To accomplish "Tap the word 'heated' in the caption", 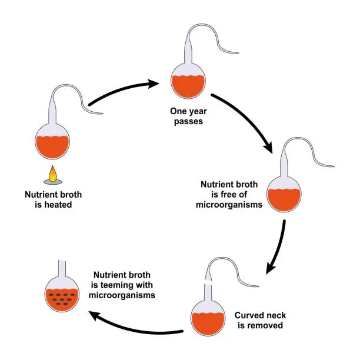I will (65, 206).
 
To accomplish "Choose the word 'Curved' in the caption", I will (248, 315).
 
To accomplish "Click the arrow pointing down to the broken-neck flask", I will (277, 247).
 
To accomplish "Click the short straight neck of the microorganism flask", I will (63, 268).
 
